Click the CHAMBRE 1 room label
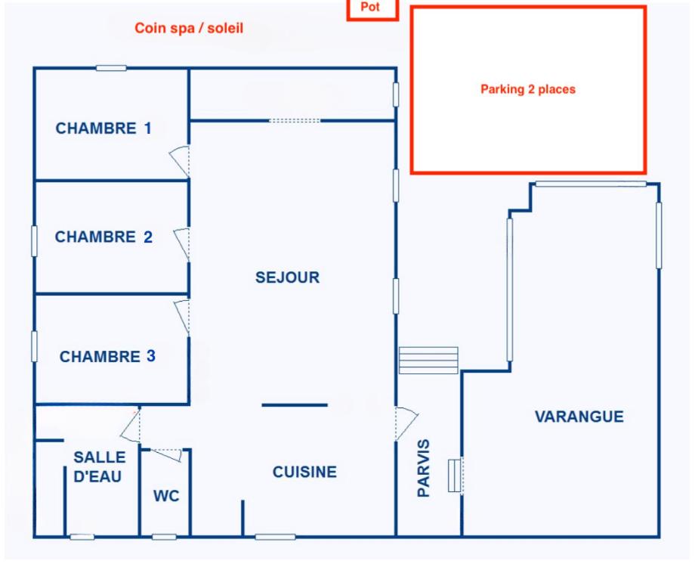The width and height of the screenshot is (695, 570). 103,129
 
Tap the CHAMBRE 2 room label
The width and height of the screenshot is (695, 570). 103,237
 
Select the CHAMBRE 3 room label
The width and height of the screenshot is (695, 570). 108,356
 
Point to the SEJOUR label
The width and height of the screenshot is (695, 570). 287,277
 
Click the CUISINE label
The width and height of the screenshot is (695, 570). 304,472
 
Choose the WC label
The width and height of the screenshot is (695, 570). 166,496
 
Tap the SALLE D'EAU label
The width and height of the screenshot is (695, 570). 99,466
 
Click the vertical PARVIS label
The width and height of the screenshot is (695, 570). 424,468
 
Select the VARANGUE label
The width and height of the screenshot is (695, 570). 579,417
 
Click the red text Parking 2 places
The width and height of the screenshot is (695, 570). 528,89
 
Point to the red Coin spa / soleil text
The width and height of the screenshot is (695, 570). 189,28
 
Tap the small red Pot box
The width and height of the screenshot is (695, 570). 372,10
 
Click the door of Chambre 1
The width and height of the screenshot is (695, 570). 181,161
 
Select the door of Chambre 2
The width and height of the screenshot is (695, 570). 182,244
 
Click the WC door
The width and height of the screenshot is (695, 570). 167,454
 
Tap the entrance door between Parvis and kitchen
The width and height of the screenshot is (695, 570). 406,423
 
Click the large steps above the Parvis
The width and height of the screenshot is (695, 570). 428,360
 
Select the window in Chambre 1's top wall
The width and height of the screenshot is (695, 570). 111,68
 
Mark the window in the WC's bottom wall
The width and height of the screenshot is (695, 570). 164,537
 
